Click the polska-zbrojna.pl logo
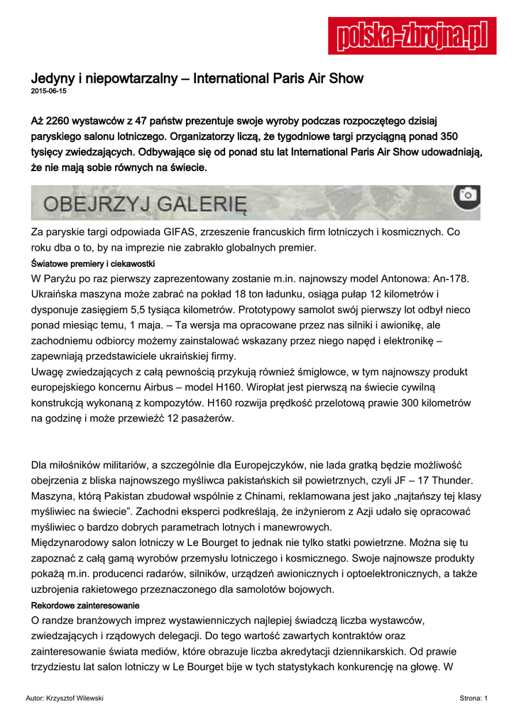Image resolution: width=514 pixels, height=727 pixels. [412, 35]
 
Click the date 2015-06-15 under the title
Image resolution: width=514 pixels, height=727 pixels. [48, 92]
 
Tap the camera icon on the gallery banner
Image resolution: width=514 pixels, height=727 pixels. [466, 195]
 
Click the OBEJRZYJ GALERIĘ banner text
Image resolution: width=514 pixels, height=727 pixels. [145, 204]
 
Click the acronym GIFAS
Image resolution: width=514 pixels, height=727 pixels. [187, 231]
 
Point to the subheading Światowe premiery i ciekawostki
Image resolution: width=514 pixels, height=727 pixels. [89, 263]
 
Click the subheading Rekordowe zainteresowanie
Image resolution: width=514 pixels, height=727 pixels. [85, 606]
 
